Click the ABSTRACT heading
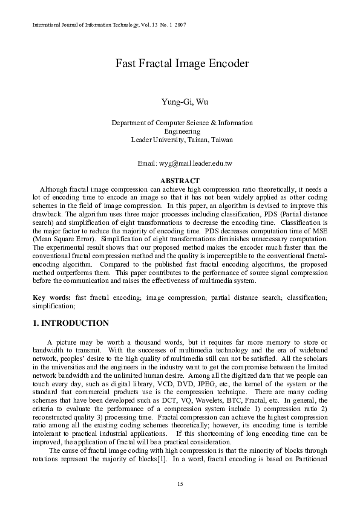coord(179,180)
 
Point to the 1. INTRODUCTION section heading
coord(71,323)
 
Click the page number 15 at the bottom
coord(180,484)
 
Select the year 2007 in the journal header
coord(180,25)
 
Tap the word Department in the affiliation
coord(129,123)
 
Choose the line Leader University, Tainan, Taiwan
coord(182,140)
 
